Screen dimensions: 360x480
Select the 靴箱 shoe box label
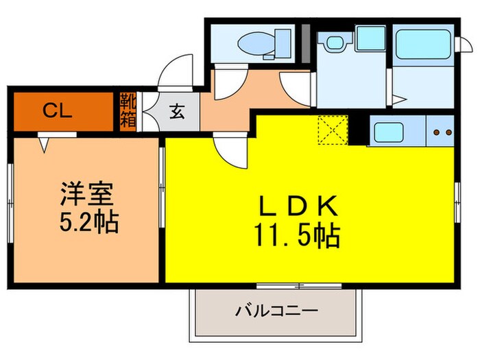128,110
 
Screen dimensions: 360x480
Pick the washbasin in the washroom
334,43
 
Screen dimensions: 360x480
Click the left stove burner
436,132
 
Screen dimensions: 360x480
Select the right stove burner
449,132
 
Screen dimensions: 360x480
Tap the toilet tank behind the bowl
280,43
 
